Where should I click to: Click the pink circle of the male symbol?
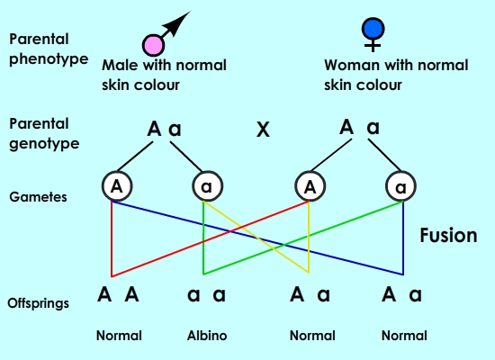pos(153,45)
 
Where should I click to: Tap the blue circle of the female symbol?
pos(373,29)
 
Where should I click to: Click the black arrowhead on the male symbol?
pos(177,22)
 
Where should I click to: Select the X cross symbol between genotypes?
pos(263,130)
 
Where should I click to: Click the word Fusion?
pos(448,235)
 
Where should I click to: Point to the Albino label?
pos(207,336)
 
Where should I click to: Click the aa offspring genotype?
pos(206,294)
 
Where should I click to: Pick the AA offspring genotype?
pos(118,294)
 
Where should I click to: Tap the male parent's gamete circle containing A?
pos(117,186)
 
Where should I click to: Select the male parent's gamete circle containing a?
pos(208,186)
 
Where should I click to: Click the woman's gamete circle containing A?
pos(310,186)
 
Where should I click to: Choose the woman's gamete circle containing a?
pos(400,186)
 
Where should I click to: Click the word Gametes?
pos(38,197)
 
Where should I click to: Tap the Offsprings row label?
pos(38,303)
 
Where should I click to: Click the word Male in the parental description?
pos(120,65)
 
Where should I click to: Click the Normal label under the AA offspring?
pos(119,336)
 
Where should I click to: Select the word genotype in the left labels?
pos(44,144)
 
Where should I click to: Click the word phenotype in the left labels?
pos(49,59)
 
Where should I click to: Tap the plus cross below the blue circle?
pos(373,46)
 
